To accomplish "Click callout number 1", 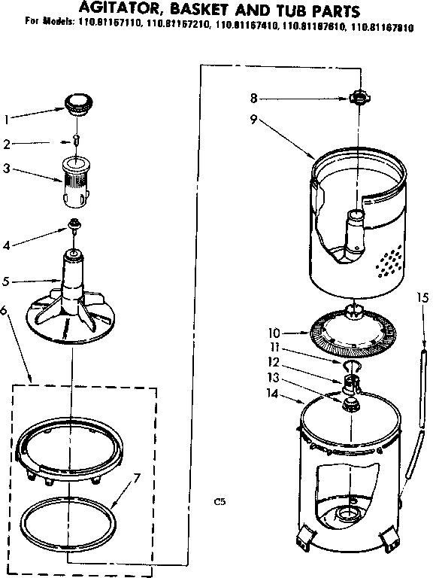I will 8,118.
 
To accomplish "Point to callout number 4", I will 8,245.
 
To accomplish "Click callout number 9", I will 255,118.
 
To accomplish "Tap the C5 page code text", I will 219,500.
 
